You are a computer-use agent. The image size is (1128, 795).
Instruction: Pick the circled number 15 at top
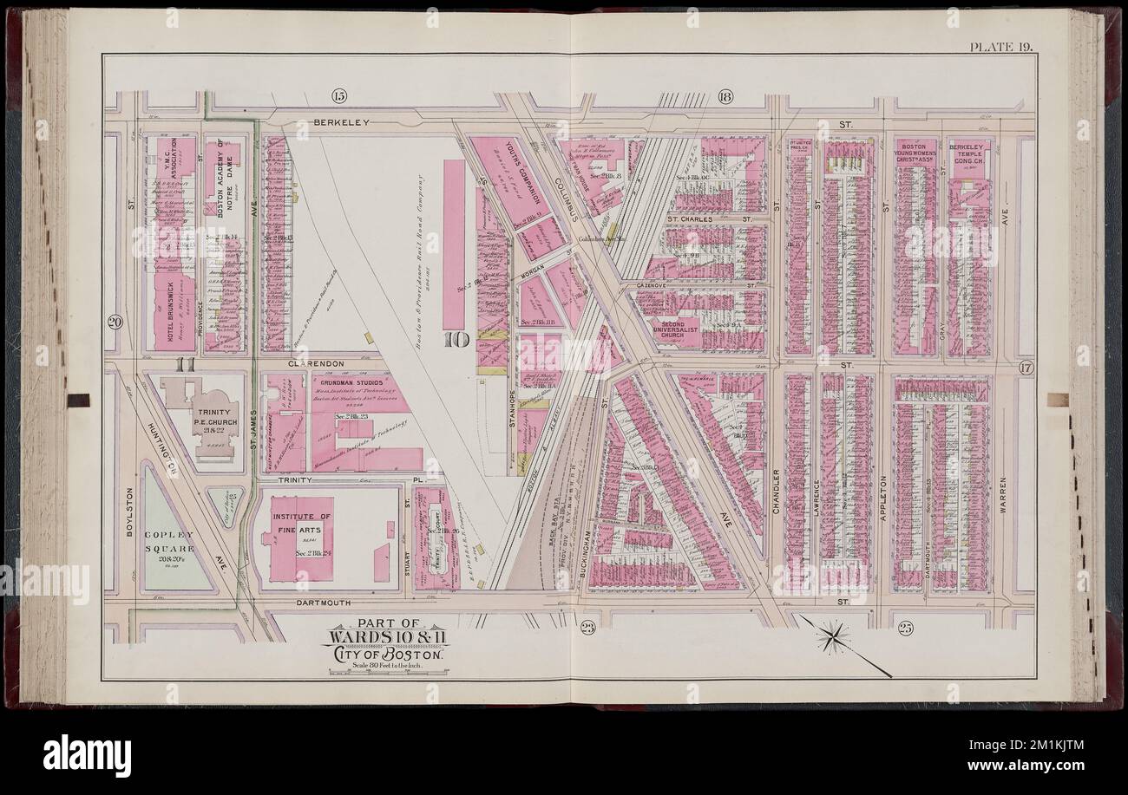[338, 94]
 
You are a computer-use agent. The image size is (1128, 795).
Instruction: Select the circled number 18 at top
[725, 96]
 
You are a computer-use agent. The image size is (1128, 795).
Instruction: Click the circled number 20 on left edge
[115, 323]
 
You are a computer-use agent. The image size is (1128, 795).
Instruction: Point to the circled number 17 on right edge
[1025, 368]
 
